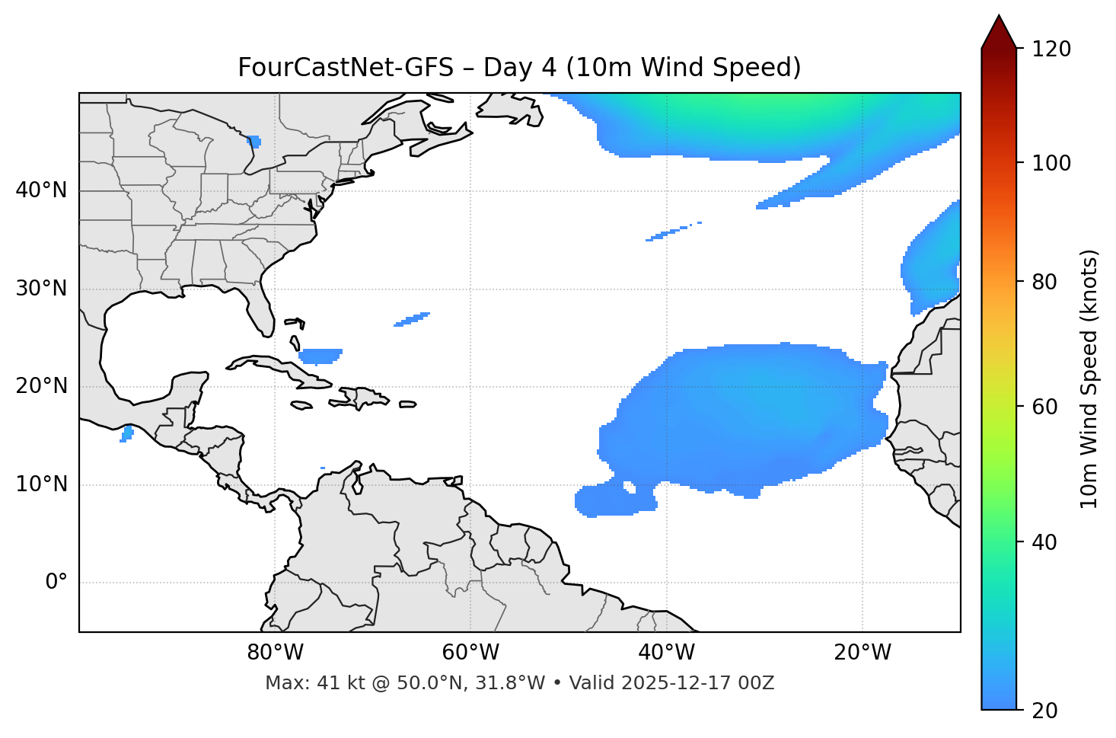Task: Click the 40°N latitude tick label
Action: (x=41, y=190)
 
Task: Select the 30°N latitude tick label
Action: (x=41, y=289)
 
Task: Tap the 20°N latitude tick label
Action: (x=41, y=386)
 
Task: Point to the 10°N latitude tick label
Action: (x=41, y=484)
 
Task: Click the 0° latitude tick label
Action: (x=56, y=583)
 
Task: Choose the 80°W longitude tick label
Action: (x=275, y=653)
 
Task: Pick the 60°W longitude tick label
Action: (x=470, y=653)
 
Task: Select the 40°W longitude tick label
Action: (x=666, y=653)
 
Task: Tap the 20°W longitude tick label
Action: (x=862, y=653)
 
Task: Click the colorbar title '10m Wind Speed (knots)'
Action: (x=1089, y=379)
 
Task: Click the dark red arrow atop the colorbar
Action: (x=999, y=32)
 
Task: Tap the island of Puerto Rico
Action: (x=408, y=404)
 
